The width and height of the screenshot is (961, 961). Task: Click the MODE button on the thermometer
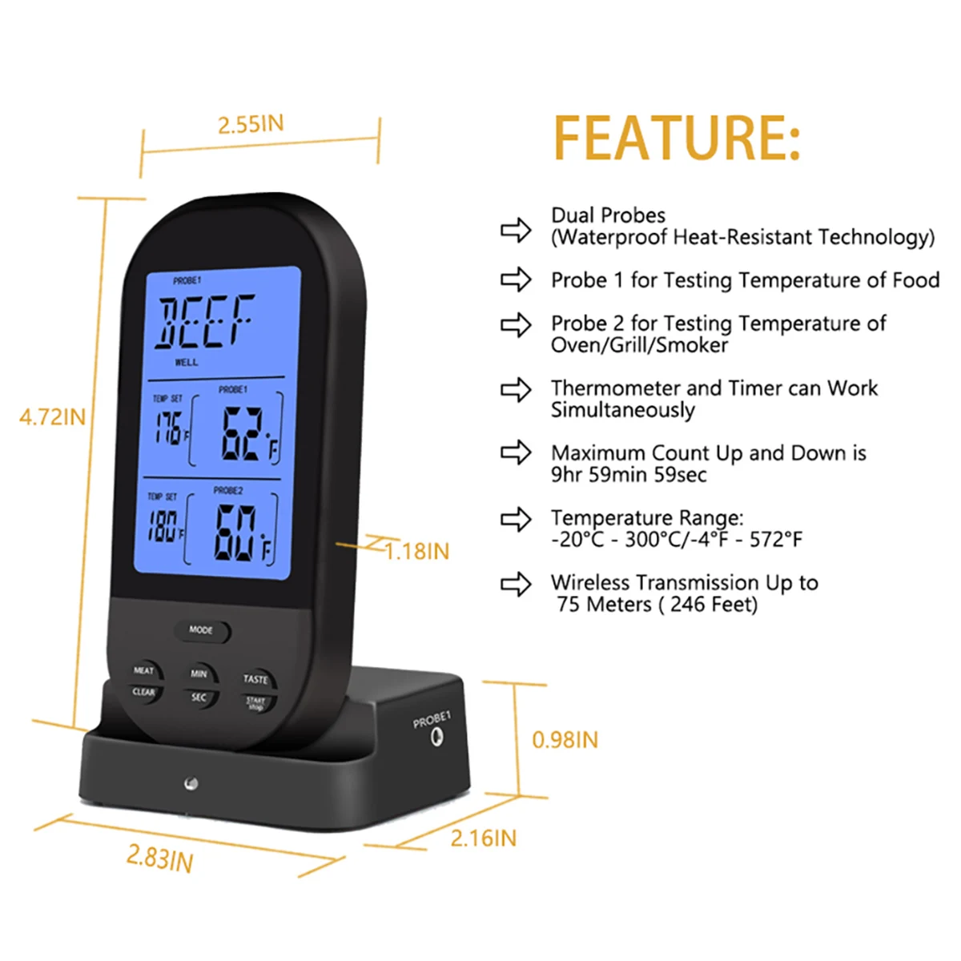click(x=202, y=631)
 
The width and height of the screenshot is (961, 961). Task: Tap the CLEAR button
click(x=144, y=694)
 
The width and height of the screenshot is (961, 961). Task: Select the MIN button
click(x=199, y=674)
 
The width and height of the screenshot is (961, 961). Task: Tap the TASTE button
click(x=255, y=679)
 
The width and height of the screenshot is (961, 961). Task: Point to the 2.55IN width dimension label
click(x=251, y=125)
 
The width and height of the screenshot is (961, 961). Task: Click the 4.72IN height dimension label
click(x=52, y=417)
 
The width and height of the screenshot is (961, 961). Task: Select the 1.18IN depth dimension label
click(x=416, y=552)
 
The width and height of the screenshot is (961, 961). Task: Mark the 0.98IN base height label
click(x=565, y=740)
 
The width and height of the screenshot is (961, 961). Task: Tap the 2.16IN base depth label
click(x=483, y=838)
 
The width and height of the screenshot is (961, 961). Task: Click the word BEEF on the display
click(x=205, y=322)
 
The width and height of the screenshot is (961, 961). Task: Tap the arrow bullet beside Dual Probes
click(x=516, y=231)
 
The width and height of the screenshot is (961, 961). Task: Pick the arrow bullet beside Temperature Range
click(x=516, y=520)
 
